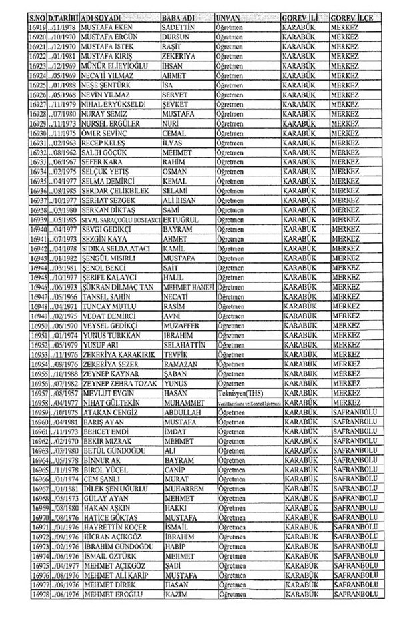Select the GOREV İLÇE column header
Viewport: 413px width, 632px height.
[x=354, y=13]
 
